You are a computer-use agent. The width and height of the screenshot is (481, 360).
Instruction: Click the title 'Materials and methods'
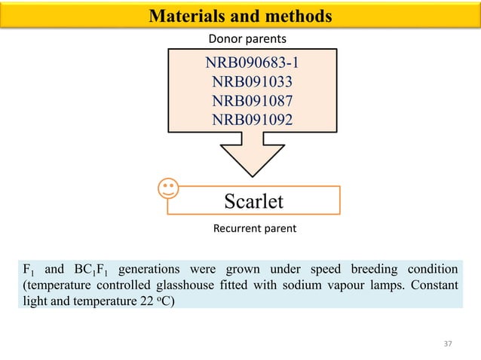240,15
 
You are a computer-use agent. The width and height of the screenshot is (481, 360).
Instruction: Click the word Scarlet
254,201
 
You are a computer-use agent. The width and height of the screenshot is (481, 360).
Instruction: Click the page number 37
448,343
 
